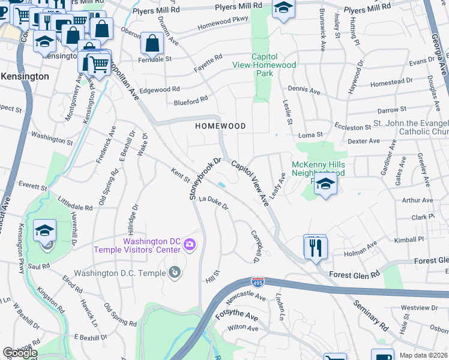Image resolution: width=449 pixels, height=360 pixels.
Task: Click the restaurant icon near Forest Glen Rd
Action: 315,247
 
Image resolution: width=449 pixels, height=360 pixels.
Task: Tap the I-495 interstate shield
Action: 256,281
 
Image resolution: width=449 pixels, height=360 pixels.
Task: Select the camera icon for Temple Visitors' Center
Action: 190,243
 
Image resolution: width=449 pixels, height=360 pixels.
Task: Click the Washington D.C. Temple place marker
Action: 174,273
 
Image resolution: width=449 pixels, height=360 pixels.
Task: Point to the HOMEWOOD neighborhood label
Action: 220,126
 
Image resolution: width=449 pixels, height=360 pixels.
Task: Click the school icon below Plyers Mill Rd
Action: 282,8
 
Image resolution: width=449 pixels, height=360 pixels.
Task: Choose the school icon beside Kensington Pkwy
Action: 44,230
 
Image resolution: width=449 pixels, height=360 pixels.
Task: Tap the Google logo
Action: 20,352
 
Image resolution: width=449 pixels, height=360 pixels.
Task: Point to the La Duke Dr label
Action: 214,202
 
